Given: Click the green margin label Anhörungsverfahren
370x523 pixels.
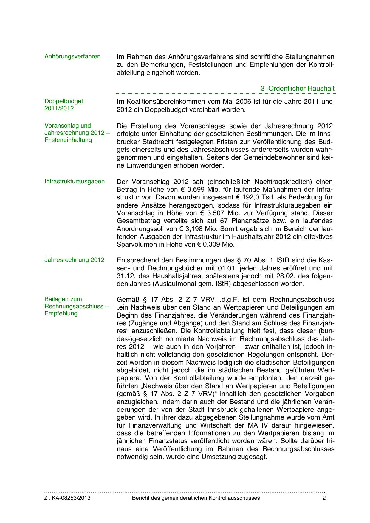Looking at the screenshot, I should [x=72, y=57].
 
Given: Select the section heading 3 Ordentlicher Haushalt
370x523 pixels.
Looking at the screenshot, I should [x=297, y=88].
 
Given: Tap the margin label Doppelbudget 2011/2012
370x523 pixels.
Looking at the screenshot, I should [x=64, y=105].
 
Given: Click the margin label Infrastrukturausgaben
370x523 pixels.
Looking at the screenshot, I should [x=75, y=182].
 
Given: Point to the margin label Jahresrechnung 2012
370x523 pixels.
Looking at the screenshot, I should [x=75, y=260].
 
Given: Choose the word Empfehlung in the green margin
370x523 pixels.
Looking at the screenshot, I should [x=61, y=313].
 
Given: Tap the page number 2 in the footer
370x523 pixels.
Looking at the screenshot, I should [x=324, y=498].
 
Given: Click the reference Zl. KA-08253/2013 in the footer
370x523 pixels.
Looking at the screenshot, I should [x=67, y=498].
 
